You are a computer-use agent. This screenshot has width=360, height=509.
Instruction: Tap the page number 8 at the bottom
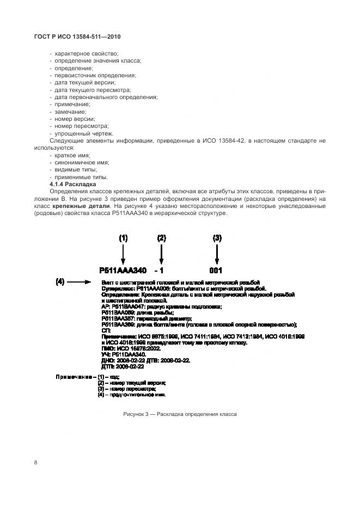click(x=35, y=462)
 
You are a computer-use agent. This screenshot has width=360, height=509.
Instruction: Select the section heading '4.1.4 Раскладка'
click(x=72, y=184)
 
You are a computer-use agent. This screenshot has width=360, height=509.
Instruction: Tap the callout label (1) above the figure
click(x=123, y=238)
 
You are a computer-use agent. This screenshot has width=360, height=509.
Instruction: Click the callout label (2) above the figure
click(x=161, y=238)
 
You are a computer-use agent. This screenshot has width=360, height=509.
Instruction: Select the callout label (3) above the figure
click(x=217, y=238)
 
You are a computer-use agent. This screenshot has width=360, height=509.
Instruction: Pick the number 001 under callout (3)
click(x=216, y=271)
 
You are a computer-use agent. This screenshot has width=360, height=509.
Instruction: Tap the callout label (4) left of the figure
click(x=60, y=281)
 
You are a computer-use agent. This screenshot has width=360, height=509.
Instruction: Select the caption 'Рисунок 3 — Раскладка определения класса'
click(x=180, y=414)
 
